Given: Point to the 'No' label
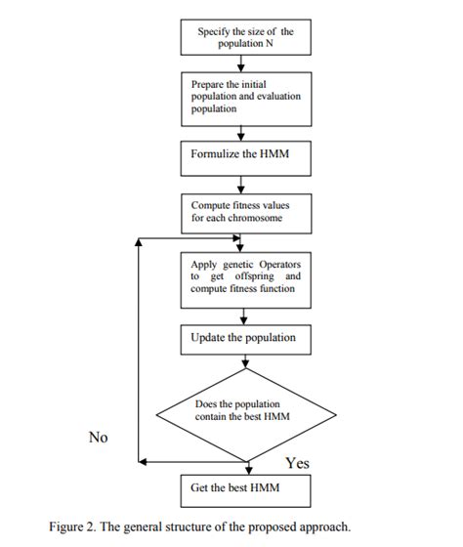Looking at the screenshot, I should [98, 437].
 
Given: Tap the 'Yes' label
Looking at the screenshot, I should [297, 462].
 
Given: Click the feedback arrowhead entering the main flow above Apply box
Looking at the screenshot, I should [238, 238].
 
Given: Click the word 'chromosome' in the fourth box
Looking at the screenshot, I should [260, 217].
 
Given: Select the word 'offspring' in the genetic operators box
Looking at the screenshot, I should [249, 276].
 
